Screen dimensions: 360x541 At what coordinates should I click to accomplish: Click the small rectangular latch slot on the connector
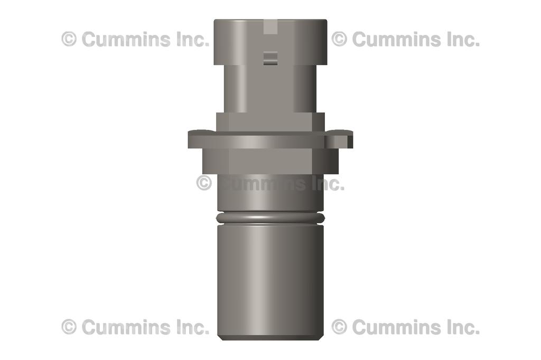pyautogui.click(x=270, y=58)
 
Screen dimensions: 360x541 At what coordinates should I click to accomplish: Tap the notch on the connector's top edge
pyautogui.click(x=270, y=25)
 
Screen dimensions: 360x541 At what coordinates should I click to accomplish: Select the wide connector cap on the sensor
pyautogui.click(x=270, y=42)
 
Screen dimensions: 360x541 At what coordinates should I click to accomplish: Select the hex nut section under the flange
pyautogui.click(x=270, y=162)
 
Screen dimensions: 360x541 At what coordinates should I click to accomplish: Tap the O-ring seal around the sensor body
pyautogui.click(x=270, y=217)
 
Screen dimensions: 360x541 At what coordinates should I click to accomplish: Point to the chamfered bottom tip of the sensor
pyautogui.click(x=270, y=337)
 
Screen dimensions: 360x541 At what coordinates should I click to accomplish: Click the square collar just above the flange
pyautogui.click(x=270, y=122)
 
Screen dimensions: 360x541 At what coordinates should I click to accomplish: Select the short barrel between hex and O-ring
pyautogui.click(x=270, y=198)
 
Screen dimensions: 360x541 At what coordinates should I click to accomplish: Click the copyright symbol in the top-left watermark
pyautogui.click(x=69, y=39)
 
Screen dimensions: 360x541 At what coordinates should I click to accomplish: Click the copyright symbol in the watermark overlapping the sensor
pyautogui.click(x=204, y=183)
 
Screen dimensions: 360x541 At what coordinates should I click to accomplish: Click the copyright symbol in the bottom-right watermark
pyautogui.click(x=339, y=327)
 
